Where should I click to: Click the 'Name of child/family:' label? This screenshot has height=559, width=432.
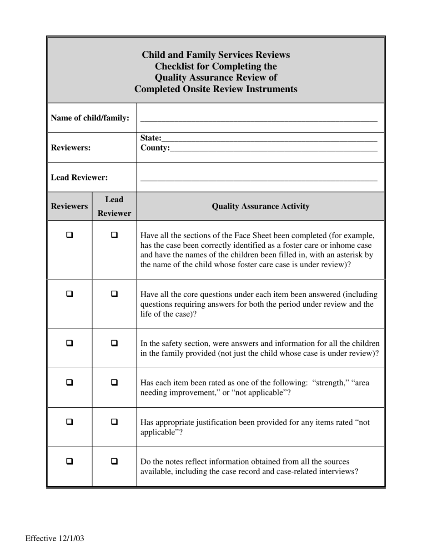(90, 118)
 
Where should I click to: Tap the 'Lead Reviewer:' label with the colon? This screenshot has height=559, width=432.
(79, 177)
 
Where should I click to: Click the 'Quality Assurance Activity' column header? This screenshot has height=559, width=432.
(261, 206)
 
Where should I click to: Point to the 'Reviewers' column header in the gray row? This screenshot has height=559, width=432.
(70, 206)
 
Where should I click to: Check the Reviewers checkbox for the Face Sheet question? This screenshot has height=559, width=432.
(70, 235)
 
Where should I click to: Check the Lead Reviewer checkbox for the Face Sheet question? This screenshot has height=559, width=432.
(114, 235)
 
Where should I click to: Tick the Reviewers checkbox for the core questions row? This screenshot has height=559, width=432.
(70, 294)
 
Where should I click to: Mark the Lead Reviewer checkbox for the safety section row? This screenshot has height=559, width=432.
(114, 343)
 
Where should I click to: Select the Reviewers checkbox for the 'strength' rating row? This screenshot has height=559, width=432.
(70, 382)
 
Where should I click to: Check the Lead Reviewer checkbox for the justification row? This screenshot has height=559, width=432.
(114, 422)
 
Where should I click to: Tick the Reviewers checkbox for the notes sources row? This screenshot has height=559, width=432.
(70, 461)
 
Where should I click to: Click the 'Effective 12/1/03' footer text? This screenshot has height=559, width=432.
(55, 539)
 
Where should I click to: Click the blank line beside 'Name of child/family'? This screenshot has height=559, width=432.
(259, 121)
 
